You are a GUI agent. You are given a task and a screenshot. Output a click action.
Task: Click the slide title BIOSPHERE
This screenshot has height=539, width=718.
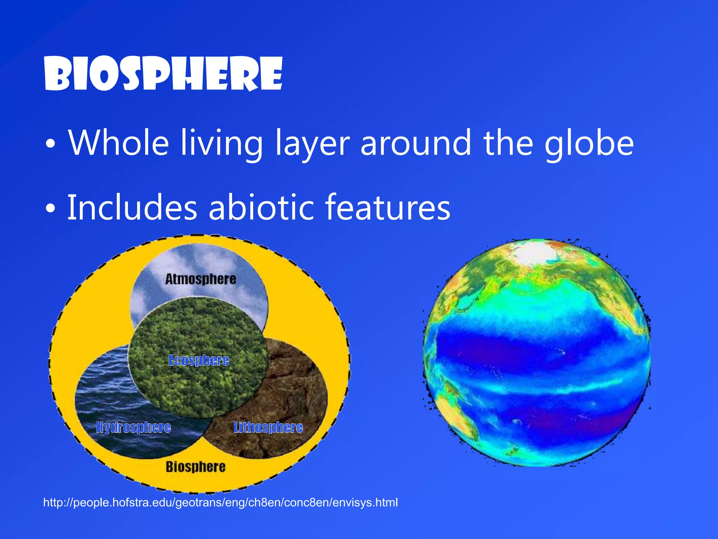click(x=163, y=74)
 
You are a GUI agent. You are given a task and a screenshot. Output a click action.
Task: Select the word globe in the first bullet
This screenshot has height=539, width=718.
click(x=589, y=143)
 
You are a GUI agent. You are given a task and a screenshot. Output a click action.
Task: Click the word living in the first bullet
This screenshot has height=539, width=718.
click(x=222, y=143)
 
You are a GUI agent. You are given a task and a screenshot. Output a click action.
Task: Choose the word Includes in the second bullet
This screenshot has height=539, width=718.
click(x=132, y=208)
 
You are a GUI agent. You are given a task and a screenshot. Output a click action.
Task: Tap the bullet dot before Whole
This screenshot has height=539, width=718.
click(x=50, y=145)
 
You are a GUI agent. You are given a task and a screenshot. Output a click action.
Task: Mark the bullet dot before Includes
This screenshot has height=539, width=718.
click(x=50, y=209)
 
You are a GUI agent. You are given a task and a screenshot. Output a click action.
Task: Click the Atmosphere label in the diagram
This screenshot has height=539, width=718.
click(x=201, y=279)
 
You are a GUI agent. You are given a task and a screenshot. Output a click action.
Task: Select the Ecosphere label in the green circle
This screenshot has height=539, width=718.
click(x=199, y=360)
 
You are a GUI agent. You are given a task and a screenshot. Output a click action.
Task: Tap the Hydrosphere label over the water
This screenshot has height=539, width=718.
click(x=133, y=427)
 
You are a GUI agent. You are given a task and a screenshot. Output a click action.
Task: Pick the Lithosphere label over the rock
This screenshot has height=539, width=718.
click(x=268, y=427)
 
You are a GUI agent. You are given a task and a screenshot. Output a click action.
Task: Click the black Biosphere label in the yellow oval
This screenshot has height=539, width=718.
click(x=196, y=467)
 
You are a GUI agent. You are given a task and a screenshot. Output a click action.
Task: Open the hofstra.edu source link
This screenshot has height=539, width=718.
click(x=220, y=503)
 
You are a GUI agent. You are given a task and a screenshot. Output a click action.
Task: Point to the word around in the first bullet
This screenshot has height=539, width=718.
click(x=416, y=143)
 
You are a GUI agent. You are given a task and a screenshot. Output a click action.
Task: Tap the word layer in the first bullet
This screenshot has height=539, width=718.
click(x=312, y=143)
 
